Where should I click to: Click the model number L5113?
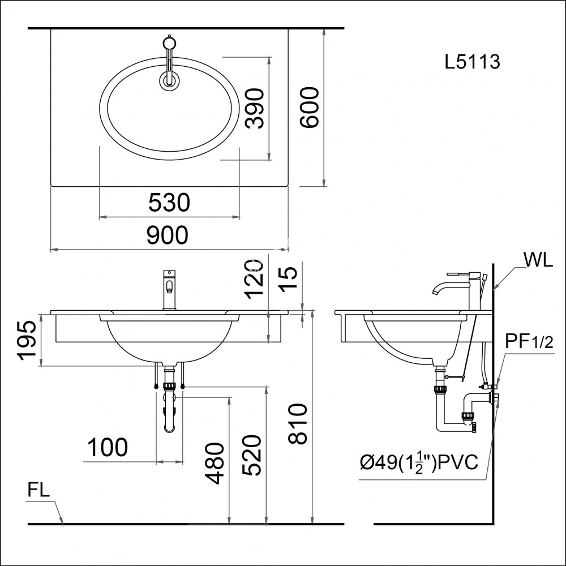(x=473, y=62)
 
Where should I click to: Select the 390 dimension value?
(x=255, y=108)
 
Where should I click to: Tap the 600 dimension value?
(x=310, y=108)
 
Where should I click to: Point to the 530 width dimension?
(x=169, y=203)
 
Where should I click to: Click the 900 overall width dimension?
(x=167, y=235)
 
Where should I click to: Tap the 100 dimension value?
(x=108, y=448)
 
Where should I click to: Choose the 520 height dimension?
(x=253, y=456)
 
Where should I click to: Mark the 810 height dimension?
(x=298, y=424)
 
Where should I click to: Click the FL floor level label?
(x=38, y=490)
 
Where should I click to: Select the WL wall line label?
(x=538, y=260)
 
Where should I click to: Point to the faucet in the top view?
(x=169, y=62)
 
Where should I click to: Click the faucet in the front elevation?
(x=169, y=289)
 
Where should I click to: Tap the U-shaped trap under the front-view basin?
(x=169, y=416)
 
